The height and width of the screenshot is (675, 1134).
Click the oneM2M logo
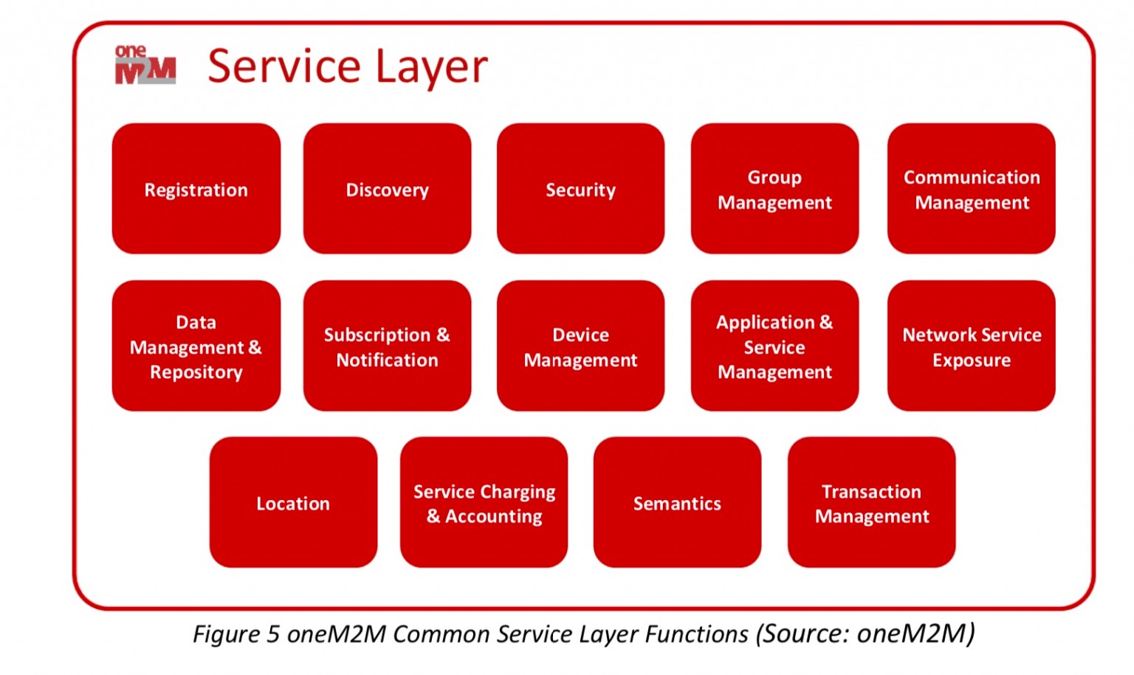(145, 65)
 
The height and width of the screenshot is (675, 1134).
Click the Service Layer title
(348, 66)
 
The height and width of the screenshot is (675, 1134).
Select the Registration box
(196, 189)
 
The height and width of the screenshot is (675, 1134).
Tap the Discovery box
(387, 189)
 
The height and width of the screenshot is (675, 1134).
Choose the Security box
(580, 189)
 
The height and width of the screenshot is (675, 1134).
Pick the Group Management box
(774, 189)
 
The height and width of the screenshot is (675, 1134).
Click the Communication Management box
(971, 189)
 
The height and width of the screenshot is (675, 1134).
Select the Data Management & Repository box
(196, 346)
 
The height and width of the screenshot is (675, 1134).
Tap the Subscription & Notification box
(387, 346)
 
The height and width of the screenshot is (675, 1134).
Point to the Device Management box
(580, 346)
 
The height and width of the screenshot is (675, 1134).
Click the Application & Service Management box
(774, 346)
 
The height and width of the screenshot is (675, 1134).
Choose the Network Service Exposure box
(971, 346)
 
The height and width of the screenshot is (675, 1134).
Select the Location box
(293, 502)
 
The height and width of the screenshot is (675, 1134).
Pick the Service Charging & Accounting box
(484, 502)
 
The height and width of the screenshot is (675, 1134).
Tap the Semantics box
(677, 502)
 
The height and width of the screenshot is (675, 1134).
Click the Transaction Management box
(871, 502)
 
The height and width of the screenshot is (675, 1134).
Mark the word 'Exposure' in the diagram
(971, 360)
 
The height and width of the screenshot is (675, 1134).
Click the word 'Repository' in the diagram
(196, 372)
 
